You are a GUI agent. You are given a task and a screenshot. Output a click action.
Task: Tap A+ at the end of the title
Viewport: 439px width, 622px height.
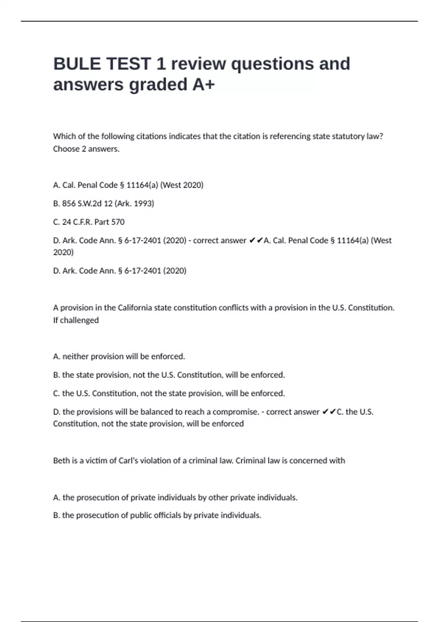(203, 85)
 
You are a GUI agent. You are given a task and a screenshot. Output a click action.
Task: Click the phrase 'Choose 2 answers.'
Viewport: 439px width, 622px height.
(86, 149)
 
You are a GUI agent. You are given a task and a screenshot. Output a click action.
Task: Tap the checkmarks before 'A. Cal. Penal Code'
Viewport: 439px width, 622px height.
(256, 241)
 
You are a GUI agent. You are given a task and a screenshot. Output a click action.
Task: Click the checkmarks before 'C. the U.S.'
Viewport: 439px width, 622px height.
(329, 412)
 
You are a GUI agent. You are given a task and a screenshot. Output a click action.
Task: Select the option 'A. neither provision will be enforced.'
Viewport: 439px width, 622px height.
(119, 356)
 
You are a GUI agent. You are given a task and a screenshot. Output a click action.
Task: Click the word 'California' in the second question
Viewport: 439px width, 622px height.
(135, 308)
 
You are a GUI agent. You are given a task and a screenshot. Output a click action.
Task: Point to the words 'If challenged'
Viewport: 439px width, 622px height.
(76, 320)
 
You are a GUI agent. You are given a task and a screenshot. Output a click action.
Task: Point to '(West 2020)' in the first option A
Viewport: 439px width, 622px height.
(182, 185)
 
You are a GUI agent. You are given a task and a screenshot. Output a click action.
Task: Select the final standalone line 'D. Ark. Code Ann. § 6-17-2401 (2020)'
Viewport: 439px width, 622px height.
(120, 271)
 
